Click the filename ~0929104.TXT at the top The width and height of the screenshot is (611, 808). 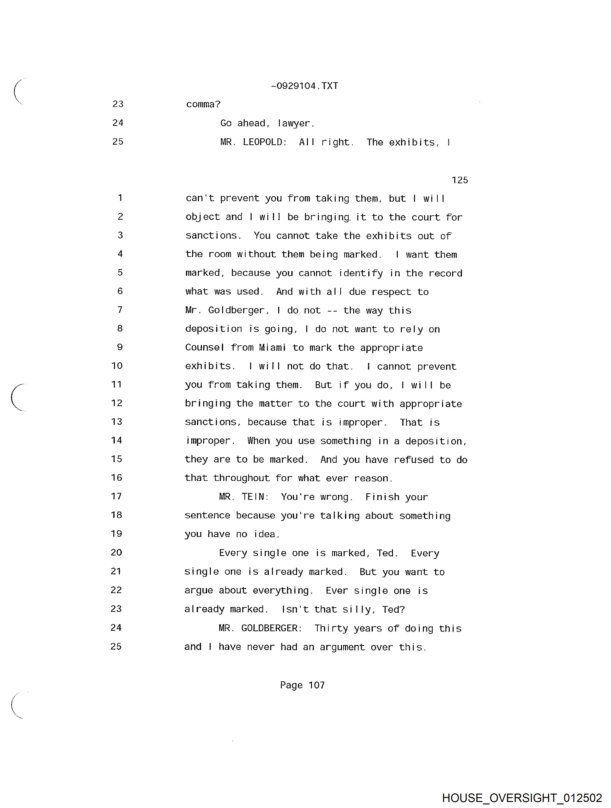coord(304,86)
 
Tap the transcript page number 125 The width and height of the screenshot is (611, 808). coord(460,180)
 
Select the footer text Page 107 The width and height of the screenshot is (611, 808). coord(302,685)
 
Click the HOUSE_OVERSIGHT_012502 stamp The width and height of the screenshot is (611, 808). coord(522,797)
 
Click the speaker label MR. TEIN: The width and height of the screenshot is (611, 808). coord(244,497)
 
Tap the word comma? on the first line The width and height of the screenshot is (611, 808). coord(203,105)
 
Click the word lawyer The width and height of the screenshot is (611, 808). coord(296,124)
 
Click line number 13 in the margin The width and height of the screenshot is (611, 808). coord(116,422)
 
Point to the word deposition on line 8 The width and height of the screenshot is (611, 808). coord(213,329)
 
